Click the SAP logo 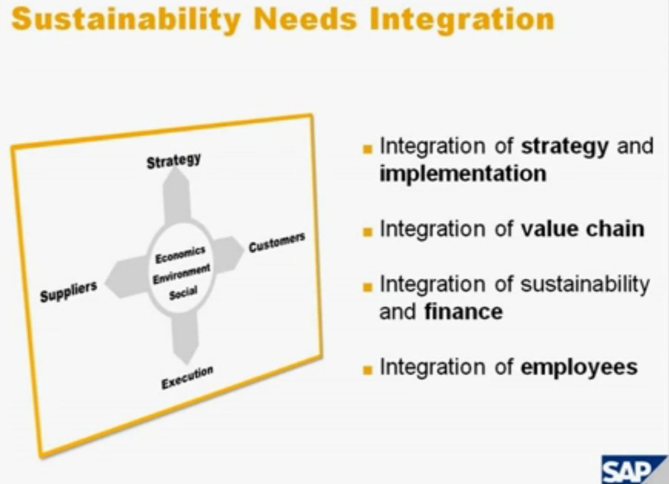tap(635, 470)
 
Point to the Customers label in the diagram tap(276, 242)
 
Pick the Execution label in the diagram tap(187, 377)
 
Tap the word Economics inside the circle tap(180, 254)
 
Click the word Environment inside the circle tap(181, 274)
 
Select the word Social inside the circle tap(183, 294)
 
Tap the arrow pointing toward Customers tap(228, 254)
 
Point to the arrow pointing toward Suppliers tap(126, 278)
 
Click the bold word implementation tap(463, 173)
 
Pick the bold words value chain tap(583, 229)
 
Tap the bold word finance tap(463, 311)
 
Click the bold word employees tap(579, 368)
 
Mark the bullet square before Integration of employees tap(367, 369)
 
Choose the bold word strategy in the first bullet tap(566, 147)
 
